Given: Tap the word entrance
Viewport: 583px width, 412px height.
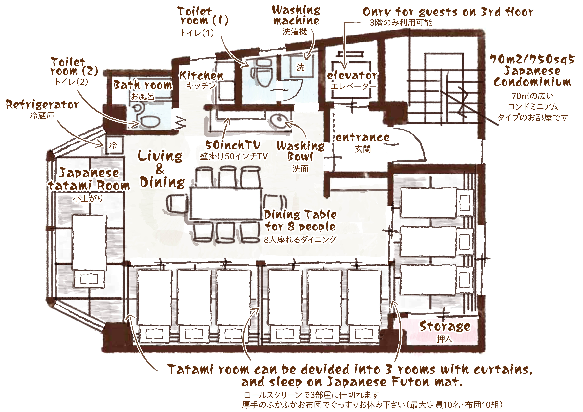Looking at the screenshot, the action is click(x=363, y=137).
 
